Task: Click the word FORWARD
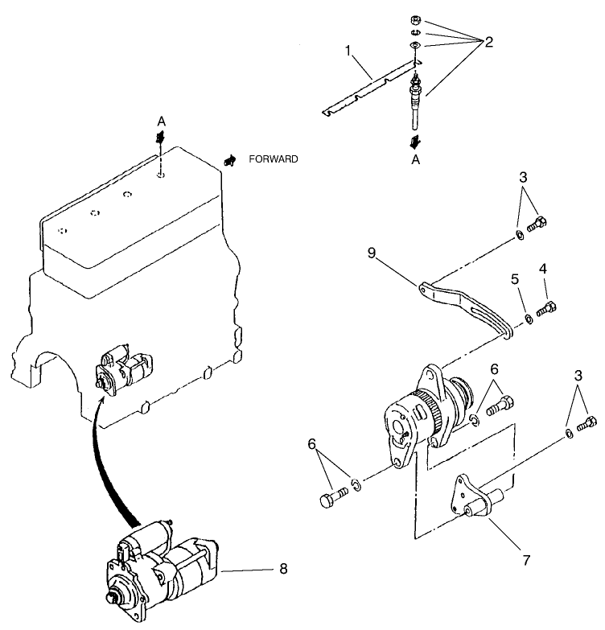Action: coord(274,159)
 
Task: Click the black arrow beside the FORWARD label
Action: coord(230,160)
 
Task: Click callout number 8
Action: coord(282,570)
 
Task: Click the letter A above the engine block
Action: coord(161,121)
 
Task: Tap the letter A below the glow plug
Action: coord(415,159)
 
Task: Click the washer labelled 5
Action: coord(529,319)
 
